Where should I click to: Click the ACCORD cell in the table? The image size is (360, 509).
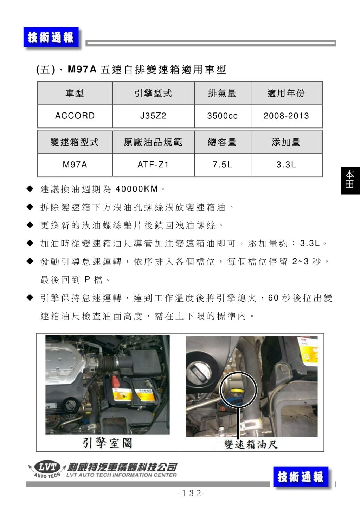(x=75, y=116)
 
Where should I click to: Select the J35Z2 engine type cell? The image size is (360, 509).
(x=153, y=116)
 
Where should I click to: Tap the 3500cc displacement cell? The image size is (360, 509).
(x=223, y=116)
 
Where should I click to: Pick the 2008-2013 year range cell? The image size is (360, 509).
(x=287, y=116)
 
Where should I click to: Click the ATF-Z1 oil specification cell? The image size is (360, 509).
(x=153, y=165)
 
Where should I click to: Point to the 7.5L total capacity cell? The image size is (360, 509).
(x=223, y=165)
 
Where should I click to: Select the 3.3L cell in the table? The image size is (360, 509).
(x=287, y=165)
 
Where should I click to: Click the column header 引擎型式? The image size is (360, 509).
(x=153, y=94)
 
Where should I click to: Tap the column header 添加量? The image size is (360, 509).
(x=287, y=142)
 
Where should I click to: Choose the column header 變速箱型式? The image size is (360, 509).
(x=75, y=142)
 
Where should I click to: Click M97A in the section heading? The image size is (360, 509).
(x=82, y=69)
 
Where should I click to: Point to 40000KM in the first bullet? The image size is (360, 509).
(x=137, y=189)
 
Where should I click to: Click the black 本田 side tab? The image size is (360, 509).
(x=350, y=181)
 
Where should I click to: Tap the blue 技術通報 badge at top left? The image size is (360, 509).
(x=51, y=37)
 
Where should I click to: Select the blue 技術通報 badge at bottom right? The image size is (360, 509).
(x=301, y=477)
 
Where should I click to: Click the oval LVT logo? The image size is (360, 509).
(x=47, y=467)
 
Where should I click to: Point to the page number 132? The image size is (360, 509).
(x=191, y=493)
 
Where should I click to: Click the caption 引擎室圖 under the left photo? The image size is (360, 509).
(x=107, y=443)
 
